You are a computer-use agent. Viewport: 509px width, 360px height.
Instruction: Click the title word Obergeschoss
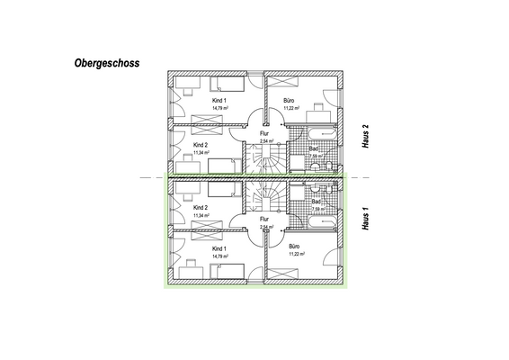(x=107, y=66)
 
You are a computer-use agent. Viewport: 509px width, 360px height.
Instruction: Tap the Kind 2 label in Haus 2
(x=201, y=144)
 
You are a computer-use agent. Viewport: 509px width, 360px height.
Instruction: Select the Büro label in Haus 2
(x=290, y=101)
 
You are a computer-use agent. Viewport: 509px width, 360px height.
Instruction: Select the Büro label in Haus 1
(x=293, y=246)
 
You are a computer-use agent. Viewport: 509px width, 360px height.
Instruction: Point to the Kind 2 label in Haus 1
(x=201, y=208)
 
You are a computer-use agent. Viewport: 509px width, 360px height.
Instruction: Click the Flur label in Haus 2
(x=264, y=133)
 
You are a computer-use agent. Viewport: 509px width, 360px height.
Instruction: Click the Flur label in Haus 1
(x=264, y=219)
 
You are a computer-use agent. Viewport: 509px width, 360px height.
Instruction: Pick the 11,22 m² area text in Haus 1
(x=296, y=255)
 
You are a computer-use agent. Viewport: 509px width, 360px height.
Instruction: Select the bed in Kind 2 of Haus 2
(x=225, y=165)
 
